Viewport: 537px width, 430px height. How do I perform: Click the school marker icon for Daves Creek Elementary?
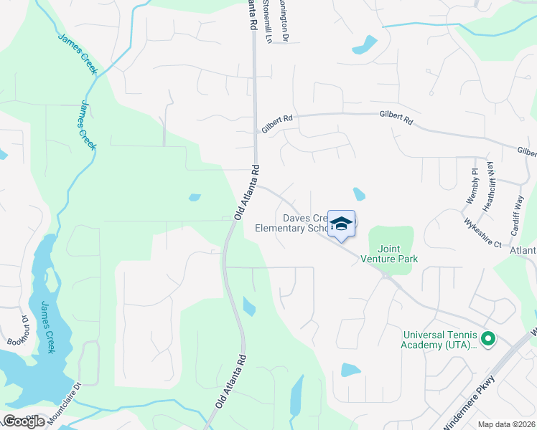(x=342, y=223)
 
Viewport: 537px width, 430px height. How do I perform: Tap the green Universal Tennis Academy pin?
(x=487, y=339)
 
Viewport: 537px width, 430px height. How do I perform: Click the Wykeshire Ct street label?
(x=482, y=233)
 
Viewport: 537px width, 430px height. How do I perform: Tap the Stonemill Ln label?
(x=268, y=21)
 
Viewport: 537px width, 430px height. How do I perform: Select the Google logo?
(x=24, y=421)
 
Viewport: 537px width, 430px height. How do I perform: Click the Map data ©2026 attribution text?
(x=506, y=424)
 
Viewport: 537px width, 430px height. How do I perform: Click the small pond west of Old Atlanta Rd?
(x=195, y=197)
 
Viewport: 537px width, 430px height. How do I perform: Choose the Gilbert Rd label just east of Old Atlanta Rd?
(x=277, y=125)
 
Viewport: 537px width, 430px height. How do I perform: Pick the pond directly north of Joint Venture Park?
(x=359, y=193)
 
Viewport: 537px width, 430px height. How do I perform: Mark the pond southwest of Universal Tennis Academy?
(x=350, y=370)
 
